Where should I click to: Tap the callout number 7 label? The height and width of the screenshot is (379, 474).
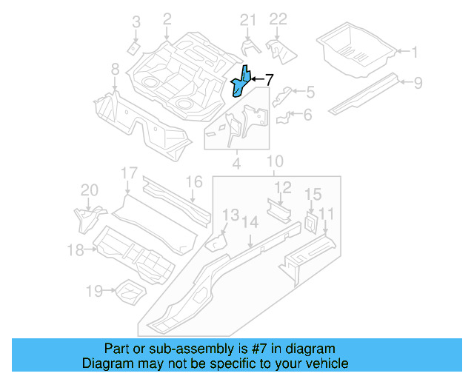[269, 80]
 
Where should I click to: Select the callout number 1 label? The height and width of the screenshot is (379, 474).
[415, 52]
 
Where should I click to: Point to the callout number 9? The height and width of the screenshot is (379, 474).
[418, 82]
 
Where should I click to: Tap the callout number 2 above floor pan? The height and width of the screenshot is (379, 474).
[167, 19]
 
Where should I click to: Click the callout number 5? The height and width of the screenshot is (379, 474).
[310, 92]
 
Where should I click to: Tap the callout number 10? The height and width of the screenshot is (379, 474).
[275, 161]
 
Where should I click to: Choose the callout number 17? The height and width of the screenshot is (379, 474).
[129, 174]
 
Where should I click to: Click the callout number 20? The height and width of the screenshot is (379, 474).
[89, 191]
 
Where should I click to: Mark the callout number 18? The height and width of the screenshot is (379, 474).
[76, 250]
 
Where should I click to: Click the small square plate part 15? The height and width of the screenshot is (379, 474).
[310, 221]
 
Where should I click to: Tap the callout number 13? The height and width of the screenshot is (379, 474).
[231, 215]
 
